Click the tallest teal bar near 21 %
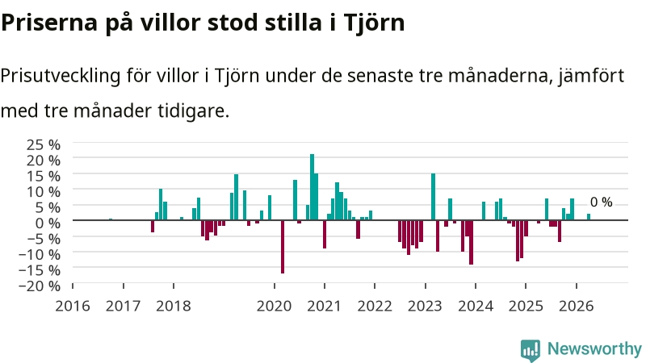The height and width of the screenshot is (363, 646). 312,187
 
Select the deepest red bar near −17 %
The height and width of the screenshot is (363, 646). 283,247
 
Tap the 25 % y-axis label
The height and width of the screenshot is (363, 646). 44,145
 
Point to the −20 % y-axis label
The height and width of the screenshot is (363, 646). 40,286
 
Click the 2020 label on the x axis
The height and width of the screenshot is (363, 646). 274,307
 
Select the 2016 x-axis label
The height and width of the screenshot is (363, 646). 73,307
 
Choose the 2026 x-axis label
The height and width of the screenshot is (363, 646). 576,307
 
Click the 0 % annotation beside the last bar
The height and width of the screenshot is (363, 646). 601,202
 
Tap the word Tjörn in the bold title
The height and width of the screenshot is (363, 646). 374,23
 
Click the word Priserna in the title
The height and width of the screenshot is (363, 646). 49,23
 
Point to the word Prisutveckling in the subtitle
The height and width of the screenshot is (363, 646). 61,77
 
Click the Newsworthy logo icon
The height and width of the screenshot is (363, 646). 531,350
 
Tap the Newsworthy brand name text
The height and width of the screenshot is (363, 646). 594,349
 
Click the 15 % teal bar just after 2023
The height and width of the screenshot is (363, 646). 433,197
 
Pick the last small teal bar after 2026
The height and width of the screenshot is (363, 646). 589,217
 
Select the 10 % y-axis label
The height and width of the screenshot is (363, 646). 44,192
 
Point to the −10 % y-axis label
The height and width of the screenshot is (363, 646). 40,254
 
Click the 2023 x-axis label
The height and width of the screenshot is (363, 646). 425,307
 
